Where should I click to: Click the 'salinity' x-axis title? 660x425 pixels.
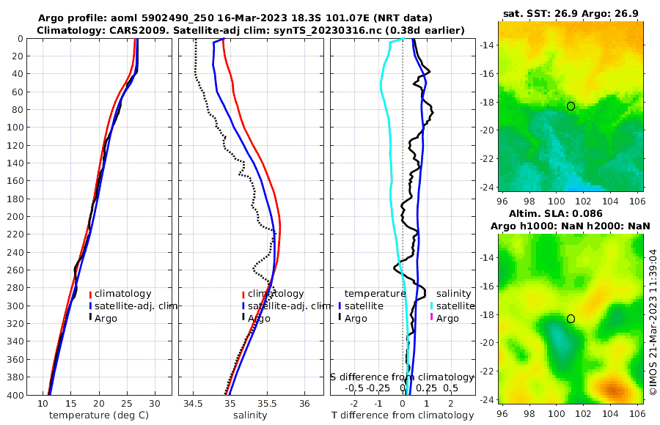coord(249,415)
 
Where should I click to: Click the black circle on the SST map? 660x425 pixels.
coord(571,106)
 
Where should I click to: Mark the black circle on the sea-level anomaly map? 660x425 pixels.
coord(571,319)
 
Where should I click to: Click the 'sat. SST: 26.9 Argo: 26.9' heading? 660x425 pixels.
coord(571,14)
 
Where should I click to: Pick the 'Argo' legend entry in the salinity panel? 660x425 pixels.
coord(259,318)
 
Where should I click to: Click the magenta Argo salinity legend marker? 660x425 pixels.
coord(431,318)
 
